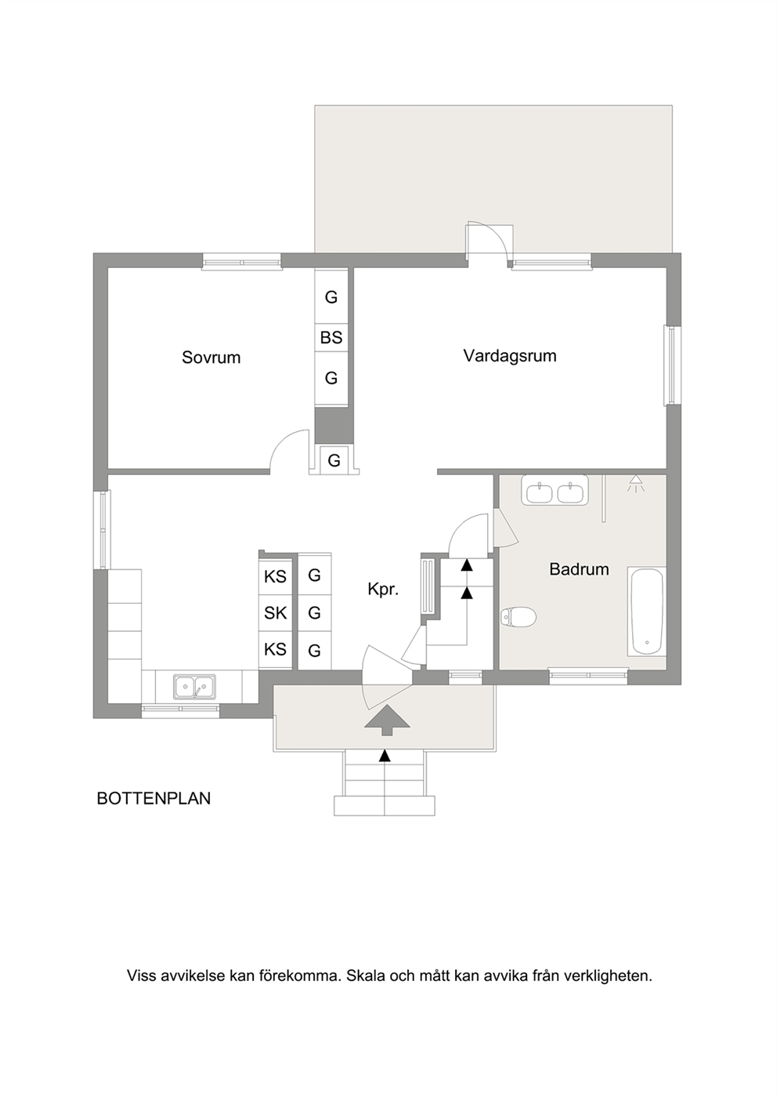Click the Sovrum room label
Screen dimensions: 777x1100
pyautogui.click(x=211, y=357)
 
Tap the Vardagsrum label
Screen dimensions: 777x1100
pyautogui.click(x=510, y=355)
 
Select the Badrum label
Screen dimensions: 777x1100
pyautogui.click(x=579, y=569)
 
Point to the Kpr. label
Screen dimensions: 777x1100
pyautogui.click(x=383, y=590)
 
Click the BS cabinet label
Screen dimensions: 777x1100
pyautogui.click(x=331, y=338)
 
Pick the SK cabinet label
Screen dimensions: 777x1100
pyautogui.click(x=275, y=613)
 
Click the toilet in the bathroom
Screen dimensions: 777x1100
pyautogui.click(x=519, y=617)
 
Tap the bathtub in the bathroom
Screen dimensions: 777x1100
pyautogui.click(x=646, y=611)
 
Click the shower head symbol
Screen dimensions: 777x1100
pyautogui.click(x=636, y=483)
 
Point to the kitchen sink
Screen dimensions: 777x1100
pyautogui.click(x=194, y=687)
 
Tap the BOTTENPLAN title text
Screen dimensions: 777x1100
pyautogui.click(x=154, y=798)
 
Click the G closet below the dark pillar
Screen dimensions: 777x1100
pyautogui.click(x=334, y=461)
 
